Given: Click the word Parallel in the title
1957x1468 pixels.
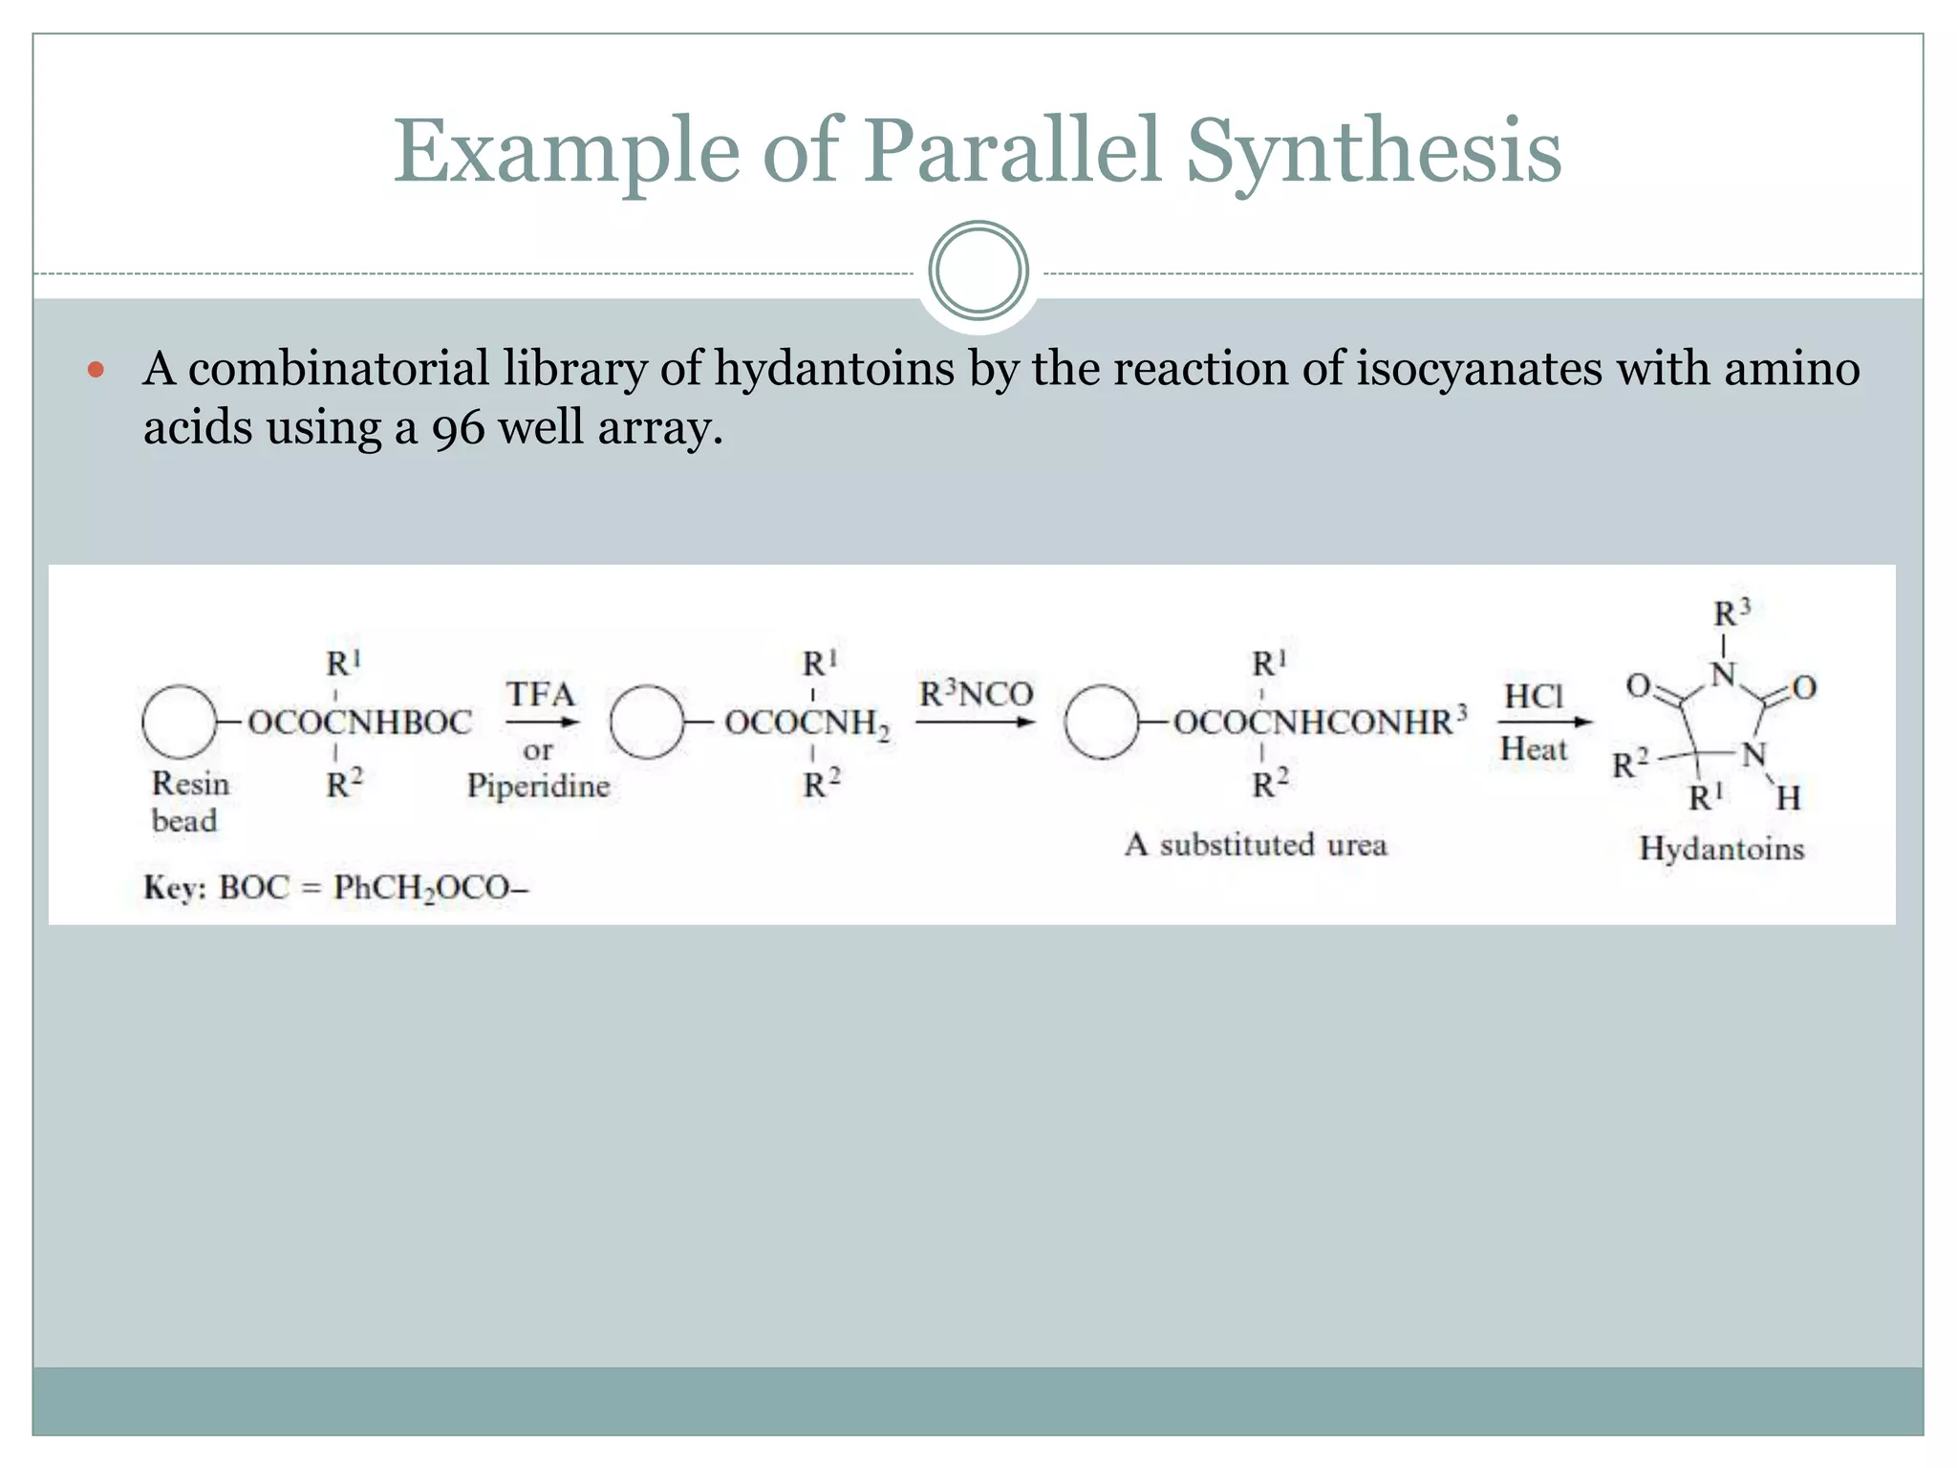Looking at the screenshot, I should coord(1012,151).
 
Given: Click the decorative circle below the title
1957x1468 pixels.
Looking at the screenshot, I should coord(978,270).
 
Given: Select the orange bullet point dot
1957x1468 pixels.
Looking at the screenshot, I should coord(95,369).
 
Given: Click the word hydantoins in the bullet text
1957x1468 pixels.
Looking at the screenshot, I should coord(834,369).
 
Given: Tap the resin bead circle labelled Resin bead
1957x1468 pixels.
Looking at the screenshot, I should coord(179,722).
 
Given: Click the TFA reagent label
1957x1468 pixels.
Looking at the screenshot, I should coord(540,694).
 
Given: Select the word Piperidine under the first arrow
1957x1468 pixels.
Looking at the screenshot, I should coord(538,786).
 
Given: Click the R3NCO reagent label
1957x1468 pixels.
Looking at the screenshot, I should coord(976,694).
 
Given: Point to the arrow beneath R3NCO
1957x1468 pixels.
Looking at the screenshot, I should coord(975,723).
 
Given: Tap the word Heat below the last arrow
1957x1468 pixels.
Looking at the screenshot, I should coord(1534,748).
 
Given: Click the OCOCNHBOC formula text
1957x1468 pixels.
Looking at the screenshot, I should coord(360,723).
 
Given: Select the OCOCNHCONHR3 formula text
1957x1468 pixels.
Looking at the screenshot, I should coord(1320,722).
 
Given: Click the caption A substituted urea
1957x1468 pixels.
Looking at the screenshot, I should coord(1256,845).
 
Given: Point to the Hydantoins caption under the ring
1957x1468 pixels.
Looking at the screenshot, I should coord(1721,849).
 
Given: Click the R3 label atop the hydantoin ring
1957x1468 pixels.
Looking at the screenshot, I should coord(1731,613).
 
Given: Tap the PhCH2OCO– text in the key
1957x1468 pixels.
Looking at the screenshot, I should coord(431,888).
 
